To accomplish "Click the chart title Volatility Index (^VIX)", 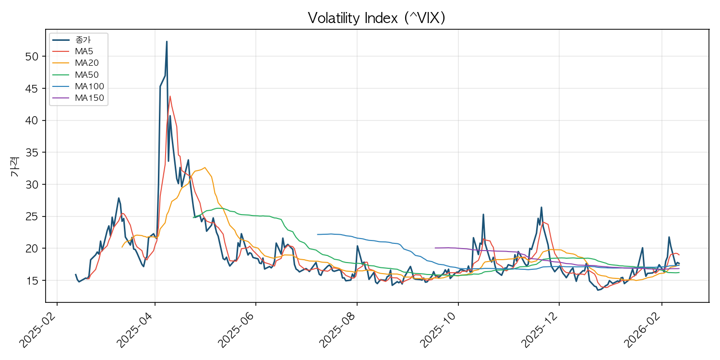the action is click(x=377, y=18).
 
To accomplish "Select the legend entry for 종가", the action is click(x=84, y=40).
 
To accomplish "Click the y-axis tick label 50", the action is click(x=31, y=57).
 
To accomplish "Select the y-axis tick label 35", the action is click(x=31, y=153).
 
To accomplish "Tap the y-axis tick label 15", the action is click(x=31, y=281).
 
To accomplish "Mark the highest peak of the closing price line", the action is click(x=167, y=41).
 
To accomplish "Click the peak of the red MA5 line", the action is click(x=170, y=96).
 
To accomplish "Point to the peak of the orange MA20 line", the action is click(x=205, y=168).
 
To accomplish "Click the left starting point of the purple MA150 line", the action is click(x=435, y=248).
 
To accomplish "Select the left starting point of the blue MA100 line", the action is click(x=317, y=235).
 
